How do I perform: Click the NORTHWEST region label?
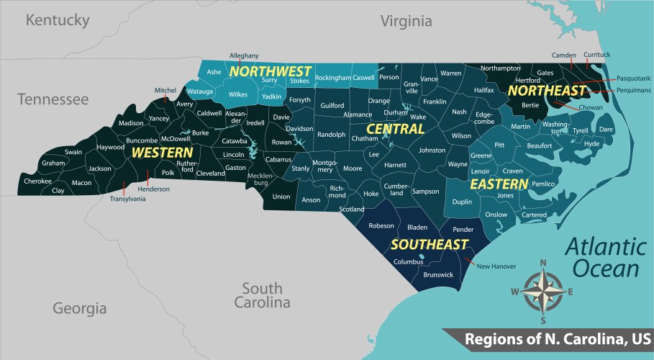point(270,71)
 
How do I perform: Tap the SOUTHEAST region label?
point(430,245)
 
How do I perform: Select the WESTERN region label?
point(162,153)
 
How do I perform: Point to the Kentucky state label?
point(57,20)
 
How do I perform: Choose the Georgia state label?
point(79,308)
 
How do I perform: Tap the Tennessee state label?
point(53,99)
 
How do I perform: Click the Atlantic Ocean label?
point(601,258)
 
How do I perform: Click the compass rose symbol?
point(543,290)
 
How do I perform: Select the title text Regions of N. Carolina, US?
point(558,338)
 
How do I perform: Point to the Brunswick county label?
point(438,274)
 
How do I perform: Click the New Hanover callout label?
point(496,266)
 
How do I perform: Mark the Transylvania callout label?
point(128,199)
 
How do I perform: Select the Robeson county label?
point(381,225)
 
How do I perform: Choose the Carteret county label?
point(534,215)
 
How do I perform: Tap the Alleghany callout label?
point(244,55)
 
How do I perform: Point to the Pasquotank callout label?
point(633,77)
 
